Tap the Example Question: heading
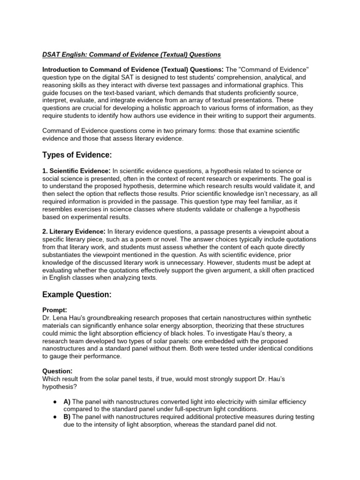[x=77, y=294]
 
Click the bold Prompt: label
[x=55, y=310]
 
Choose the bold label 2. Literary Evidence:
[x=74, y=231]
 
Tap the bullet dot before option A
[x=55, y=402]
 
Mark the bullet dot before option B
[x=55, y=417]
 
